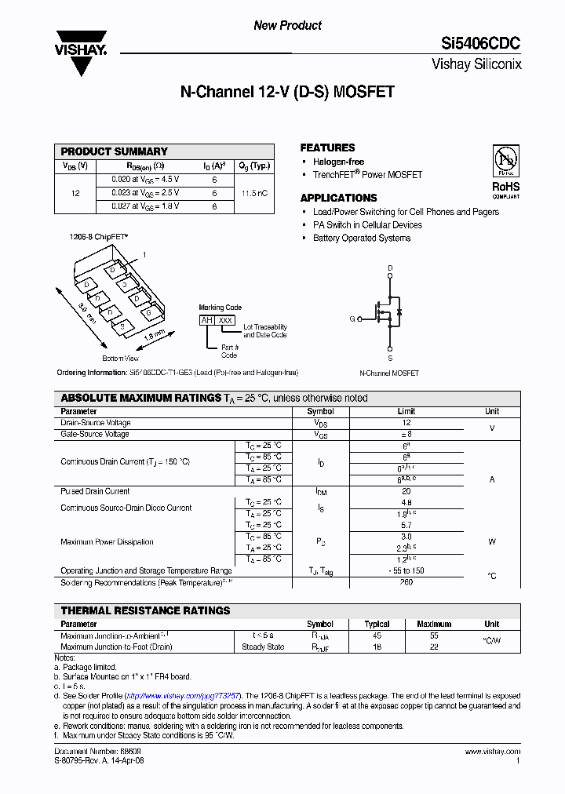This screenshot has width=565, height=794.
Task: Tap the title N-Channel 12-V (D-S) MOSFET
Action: (x=287, y=93)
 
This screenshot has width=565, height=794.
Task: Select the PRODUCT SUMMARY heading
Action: (x=115, y=151)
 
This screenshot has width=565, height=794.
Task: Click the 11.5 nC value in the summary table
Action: (x=255, y=192)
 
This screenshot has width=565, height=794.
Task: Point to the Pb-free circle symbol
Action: (x=505, y=159)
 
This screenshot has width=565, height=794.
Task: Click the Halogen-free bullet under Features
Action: (x=338, y=162)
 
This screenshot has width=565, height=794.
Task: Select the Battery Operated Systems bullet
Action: (x=362, y=238)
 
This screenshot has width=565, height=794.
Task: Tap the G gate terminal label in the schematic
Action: (x=352, y=319)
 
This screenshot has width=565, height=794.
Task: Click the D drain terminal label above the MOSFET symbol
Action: (x=390, y=268)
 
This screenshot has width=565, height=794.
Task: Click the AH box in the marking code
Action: (x=206, y=320)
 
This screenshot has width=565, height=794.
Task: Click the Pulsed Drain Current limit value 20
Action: (x=406, y=491)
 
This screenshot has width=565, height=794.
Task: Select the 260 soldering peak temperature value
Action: (x=406, y=582)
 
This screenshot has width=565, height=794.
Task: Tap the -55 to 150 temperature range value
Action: (x=406, y=571)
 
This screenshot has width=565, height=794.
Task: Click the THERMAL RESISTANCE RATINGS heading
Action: (x=146, y=610)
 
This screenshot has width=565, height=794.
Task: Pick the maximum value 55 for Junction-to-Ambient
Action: (x=433, y=636)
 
